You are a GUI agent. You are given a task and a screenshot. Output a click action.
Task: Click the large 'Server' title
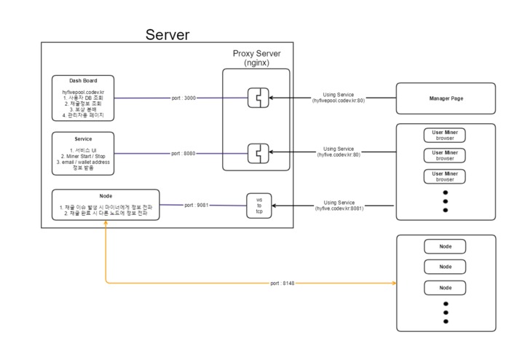click(167, 34)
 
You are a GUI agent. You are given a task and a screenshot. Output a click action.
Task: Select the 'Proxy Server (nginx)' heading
click(256, 58)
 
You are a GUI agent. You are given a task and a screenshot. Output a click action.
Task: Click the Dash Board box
click(84, 98)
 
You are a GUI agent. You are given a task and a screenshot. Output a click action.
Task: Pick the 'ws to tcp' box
click(258, 205)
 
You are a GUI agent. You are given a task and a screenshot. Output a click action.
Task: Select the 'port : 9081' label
click(197, 205)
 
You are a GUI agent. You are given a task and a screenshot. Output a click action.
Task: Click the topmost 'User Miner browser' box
click(445, 135)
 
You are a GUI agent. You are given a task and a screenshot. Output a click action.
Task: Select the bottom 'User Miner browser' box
click(445, 176)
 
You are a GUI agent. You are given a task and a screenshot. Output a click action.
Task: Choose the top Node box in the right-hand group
click(445, 246)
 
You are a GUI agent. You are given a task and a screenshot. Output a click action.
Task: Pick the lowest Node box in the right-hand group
click(445, 288)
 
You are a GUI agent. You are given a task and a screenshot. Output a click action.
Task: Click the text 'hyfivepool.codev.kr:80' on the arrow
click(339, 101)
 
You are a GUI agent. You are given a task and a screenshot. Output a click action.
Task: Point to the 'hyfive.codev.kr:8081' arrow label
click(339, 208)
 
